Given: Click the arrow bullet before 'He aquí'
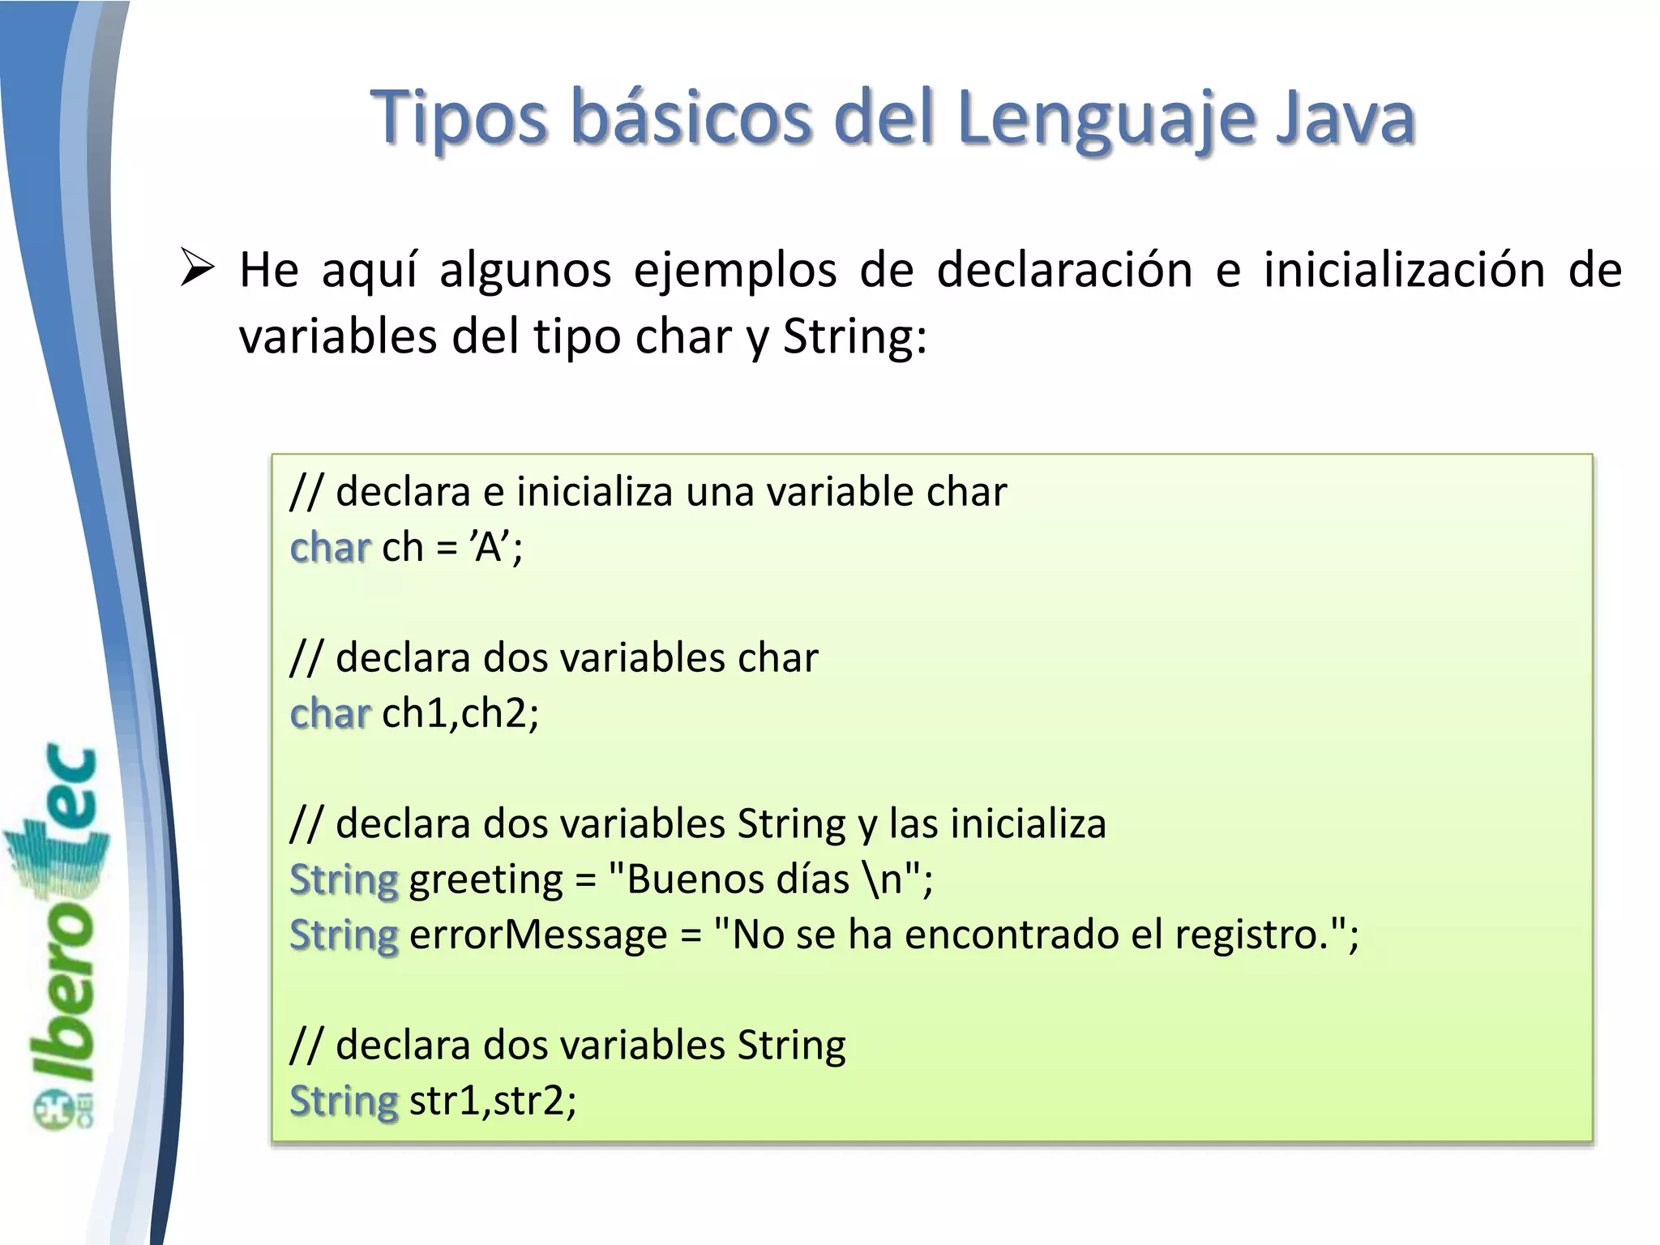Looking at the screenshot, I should tap(197, 269).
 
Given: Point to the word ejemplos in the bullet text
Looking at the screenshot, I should tap(734, 269).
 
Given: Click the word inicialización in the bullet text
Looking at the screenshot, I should tap(1404, 269).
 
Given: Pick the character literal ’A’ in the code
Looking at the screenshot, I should tap(489, 547).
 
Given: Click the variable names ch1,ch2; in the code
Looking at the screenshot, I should tap(460, 713).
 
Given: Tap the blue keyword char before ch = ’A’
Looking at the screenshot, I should tap(330, 547).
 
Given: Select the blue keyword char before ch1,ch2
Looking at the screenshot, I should tap(330, 713).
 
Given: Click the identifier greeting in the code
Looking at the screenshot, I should tap(486, 879).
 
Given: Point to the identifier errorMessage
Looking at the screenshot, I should tap(538, 935).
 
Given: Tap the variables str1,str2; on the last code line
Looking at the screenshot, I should tap(493, 1101).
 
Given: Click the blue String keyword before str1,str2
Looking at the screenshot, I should tap(344, 1101).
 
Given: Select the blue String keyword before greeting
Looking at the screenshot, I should tap(344, 879).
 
